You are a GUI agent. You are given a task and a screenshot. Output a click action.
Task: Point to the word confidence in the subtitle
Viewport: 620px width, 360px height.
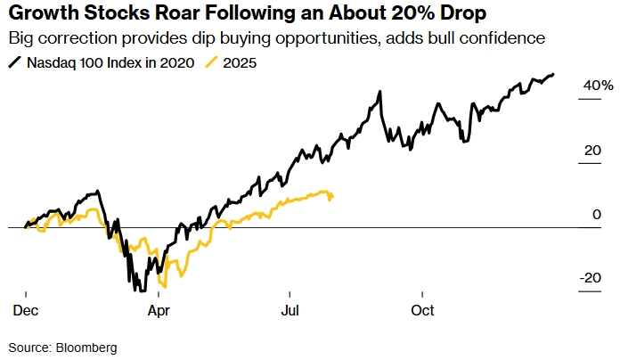[x=502, y=40]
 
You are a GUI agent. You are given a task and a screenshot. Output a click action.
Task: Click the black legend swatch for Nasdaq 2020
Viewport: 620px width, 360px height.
[x=14, y=63]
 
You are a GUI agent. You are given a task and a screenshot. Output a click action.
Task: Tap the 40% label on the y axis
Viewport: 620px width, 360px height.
[x=598, y=86]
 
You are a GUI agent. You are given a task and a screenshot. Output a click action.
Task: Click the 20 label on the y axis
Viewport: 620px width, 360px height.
[x=592, y=151]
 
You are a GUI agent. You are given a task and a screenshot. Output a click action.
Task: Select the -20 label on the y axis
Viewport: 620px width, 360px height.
[x=591, y=279]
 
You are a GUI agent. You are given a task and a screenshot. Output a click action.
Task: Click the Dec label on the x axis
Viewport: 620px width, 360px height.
[x=25, y=310]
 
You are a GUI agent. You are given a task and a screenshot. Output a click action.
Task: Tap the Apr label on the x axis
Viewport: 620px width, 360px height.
[x=158, y=310]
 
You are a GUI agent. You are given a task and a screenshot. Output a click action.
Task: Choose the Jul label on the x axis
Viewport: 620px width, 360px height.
[x=289, y=310]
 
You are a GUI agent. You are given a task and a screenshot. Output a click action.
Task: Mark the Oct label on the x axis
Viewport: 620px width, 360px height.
[x=422, y=310]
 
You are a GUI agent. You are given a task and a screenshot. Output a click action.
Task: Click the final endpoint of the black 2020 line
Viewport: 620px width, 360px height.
[x=553, y=74]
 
